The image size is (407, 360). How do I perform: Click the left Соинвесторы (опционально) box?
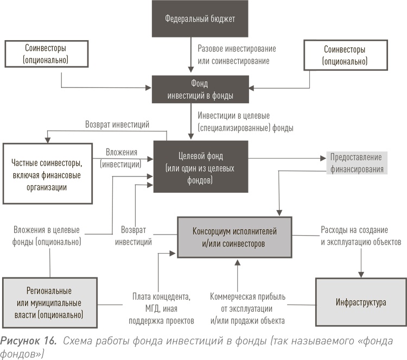(46, 54)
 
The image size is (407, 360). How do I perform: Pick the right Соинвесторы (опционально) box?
(344, 55)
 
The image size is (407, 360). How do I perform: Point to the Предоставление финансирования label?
(356, 163)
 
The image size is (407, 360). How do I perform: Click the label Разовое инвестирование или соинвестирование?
(233, 55)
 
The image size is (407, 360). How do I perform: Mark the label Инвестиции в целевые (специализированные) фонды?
(245, 122)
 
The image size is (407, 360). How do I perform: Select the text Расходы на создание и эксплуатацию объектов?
(360, 236)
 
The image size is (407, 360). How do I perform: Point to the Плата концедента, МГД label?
(162, 308)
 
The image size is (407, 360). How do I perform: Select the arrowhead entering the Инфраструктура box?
(360, 275)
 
